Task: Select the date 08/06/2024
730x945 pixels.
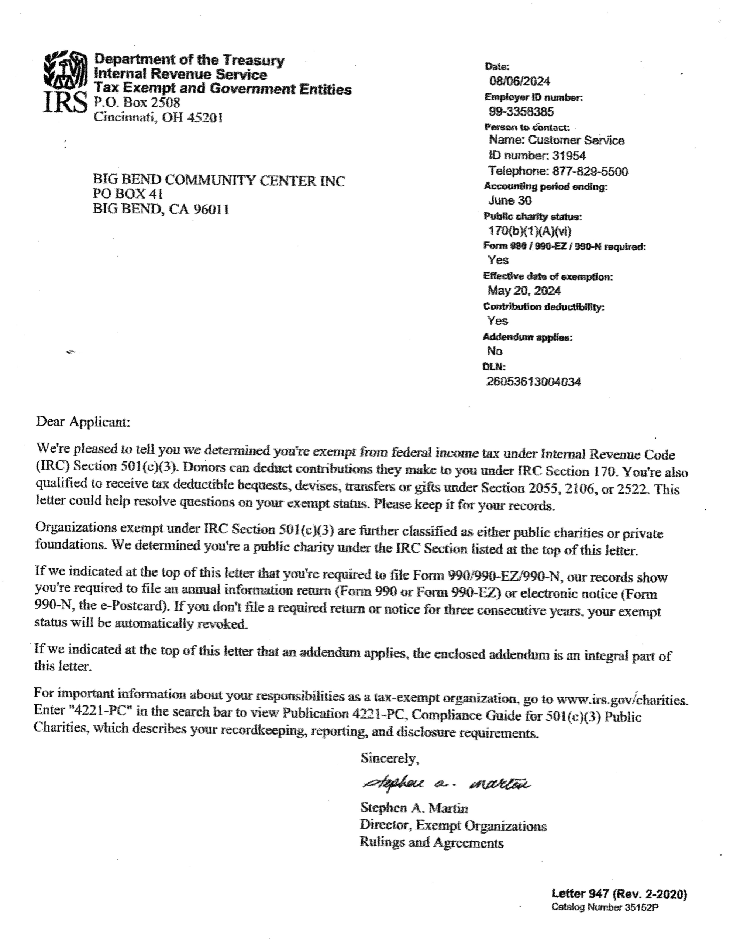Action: point(519,81)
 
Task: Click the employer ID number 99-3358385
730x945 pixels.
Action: point(521,111)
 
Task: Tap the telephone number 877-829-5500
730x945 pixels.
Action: point(590,171)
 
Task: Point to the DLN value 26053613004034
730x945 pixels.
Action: point(534,382)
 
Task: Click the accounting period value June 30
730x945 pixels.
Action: point(510,200)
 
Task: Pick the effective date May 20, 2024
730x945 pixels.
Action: point(524,291)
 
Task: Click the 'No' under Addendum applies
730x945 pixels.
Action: point(495,351)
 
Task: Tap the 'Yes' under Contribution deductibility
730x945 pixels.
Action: point(497,321)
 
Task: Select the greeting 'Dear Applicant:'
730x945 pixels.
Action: point(83,422)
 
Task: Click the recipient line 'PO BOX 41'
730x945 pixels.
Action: point(128,194)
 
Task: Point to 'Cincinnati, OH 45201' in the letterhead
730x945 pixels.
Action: point(158,117)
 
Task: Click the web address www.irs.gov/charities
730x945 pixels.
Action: point(621,700)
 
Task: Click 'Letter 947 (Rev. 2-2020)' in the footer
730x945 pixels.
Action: point(619,894)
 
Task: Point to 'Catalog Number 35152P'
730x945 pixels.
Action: point(605,907)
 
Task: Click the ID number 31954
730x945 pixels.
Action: point(569,156)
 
